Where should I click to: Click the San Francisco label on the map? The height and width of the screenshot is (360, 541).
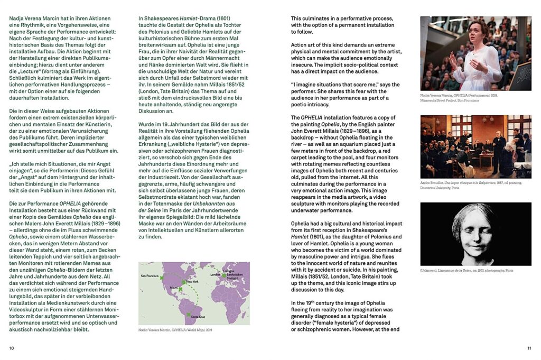150,276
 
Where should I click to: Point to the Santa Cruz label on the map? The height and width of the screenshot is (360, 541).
197,316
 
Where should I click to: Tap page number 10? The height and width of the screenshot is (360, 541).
12,348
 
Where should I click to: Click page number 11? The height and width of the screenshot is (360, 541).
529,348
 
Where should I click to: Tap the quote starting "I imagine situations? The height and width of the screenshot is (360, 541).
346,84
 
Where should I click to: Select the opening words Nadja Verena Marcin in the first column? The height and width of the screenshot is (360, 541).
34,19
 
